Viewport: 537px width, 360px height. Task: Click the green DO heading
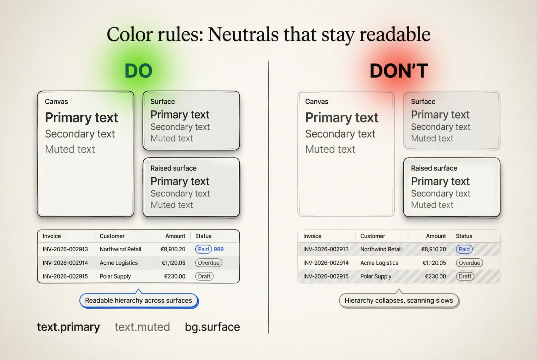point(138,71)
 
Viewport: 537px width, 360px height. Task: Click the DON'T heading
point(399,71)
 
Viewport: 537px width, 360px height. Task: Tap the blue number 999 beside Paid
point(218,249)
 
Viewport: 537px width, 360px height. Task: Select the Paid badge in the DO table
point(203,249)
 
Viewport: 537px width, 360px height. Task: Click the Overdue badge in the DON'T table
point(469,263)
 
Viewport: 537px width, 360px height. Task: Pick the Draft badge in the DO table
point(204,276)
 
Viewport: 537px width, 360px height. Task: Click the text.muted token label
point(142,327)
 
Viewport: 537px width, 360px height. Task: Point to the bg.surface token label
point(212,327)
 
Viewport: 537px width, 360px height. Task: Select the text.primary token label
point(68,327)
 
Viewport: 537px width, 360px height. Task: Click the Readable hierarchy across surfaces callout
point(138,301)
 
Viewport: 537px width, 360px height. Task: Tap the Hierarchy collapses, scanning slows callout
point(399,301)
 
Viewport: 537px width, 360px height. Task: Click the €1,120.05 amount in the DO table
point(173,263)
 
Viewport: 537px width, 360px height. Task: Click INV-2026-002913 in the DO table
point(65,249)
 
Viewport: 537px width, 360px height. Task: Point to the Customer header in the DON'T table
point(373,236)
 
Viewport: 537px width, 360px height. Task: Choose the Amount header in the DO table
point(175,236)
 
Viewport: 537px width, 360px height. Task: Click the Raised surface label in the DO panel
point(173,168)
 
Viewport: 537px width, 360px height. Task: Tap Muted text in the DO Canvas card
point(70,149)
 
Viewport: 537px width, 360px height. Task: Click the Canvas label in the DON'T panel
point(316,102)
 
